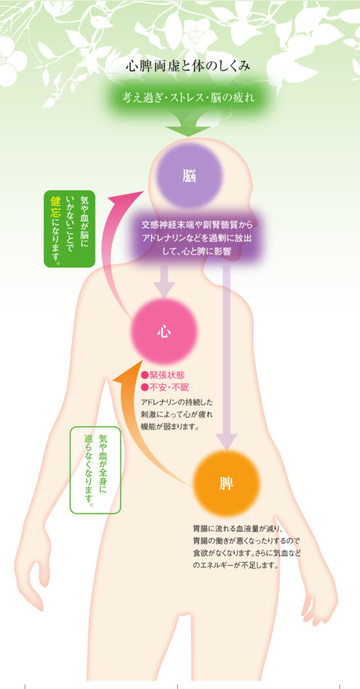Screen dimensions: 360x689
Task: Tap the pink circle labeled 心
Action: pyautogui.click(x=164, y=331)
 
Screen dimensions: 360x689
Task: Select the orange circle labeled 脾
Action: pyautogui.click(x=226, y=484)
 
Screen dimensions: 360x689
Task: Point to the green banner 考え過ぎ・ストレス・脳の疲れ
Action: pyautogui.click(x=188, y=98)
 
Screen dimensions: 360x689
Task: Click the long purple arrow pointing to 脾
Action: pyautogui.click(x=226, y=357)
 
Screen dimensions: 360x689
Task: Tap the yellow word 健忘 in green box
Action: pyautogui.click(x=55, y=208)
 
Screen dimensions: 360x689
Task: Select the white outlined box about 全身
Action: pyautogui.click(x=96, y=470)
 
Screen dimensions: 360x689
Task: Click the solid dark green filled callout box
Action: pyautogui.click(x=69, y=229)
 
